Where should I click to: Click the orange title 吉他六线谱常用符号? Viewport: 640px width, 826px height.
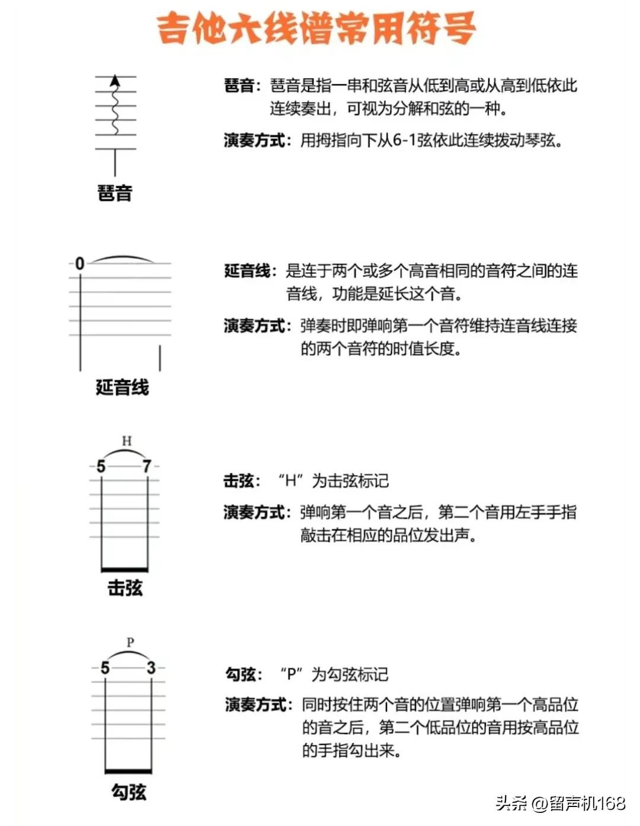pos(316,28)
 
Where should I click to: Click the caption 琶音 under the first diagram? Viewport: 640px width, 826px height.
pos(115,193)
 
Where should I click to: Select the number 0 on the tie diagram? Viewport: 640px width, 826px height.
pos(80,263)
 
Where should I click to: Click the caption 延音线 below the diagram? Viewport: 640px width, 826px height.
pos(122,387)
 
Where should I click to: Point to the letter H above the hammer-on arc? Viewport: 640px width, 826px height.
pos(126,441)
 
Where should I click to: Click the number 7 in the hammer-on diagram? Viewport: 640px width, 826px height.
pos(146,467)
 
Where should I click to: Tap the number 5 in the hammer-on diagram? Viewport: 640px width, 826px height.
pos(101,467)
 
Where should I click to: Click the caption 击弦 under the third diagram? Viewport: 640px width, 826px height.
pos(125,588)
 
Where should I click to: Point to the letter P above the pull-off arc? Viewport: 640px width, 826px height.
pos(130,642)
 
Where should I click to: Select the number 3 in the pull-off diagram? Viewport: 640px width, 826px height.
pos(151,668)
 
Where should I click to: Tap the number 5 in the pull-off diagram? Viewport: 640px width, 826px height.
pos(105,668)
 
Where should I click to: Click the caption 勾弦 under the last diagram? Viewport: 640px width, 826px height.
pos(129,792)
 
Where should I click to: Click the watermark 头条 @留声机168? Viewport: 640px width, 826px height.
pos(560,803)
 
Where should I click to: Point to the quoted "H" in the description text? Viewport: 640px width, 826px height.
pos(290,480)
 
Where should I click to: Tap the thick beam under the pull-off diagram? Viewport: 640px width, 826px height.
pos(128,771)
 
